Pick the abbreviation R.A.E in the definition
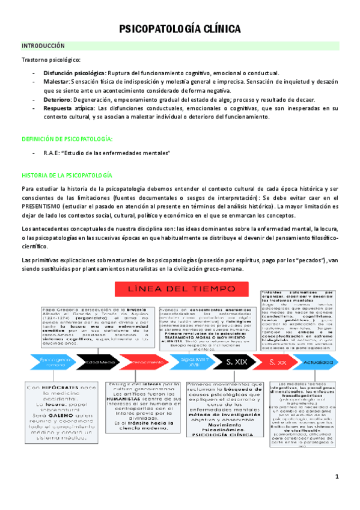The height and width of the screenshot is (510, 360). point(52,154)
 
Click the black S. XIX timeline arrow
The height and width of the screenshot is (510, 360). point(234,361)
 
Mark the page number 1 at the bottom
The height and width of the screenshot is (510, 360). point(337,477)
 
